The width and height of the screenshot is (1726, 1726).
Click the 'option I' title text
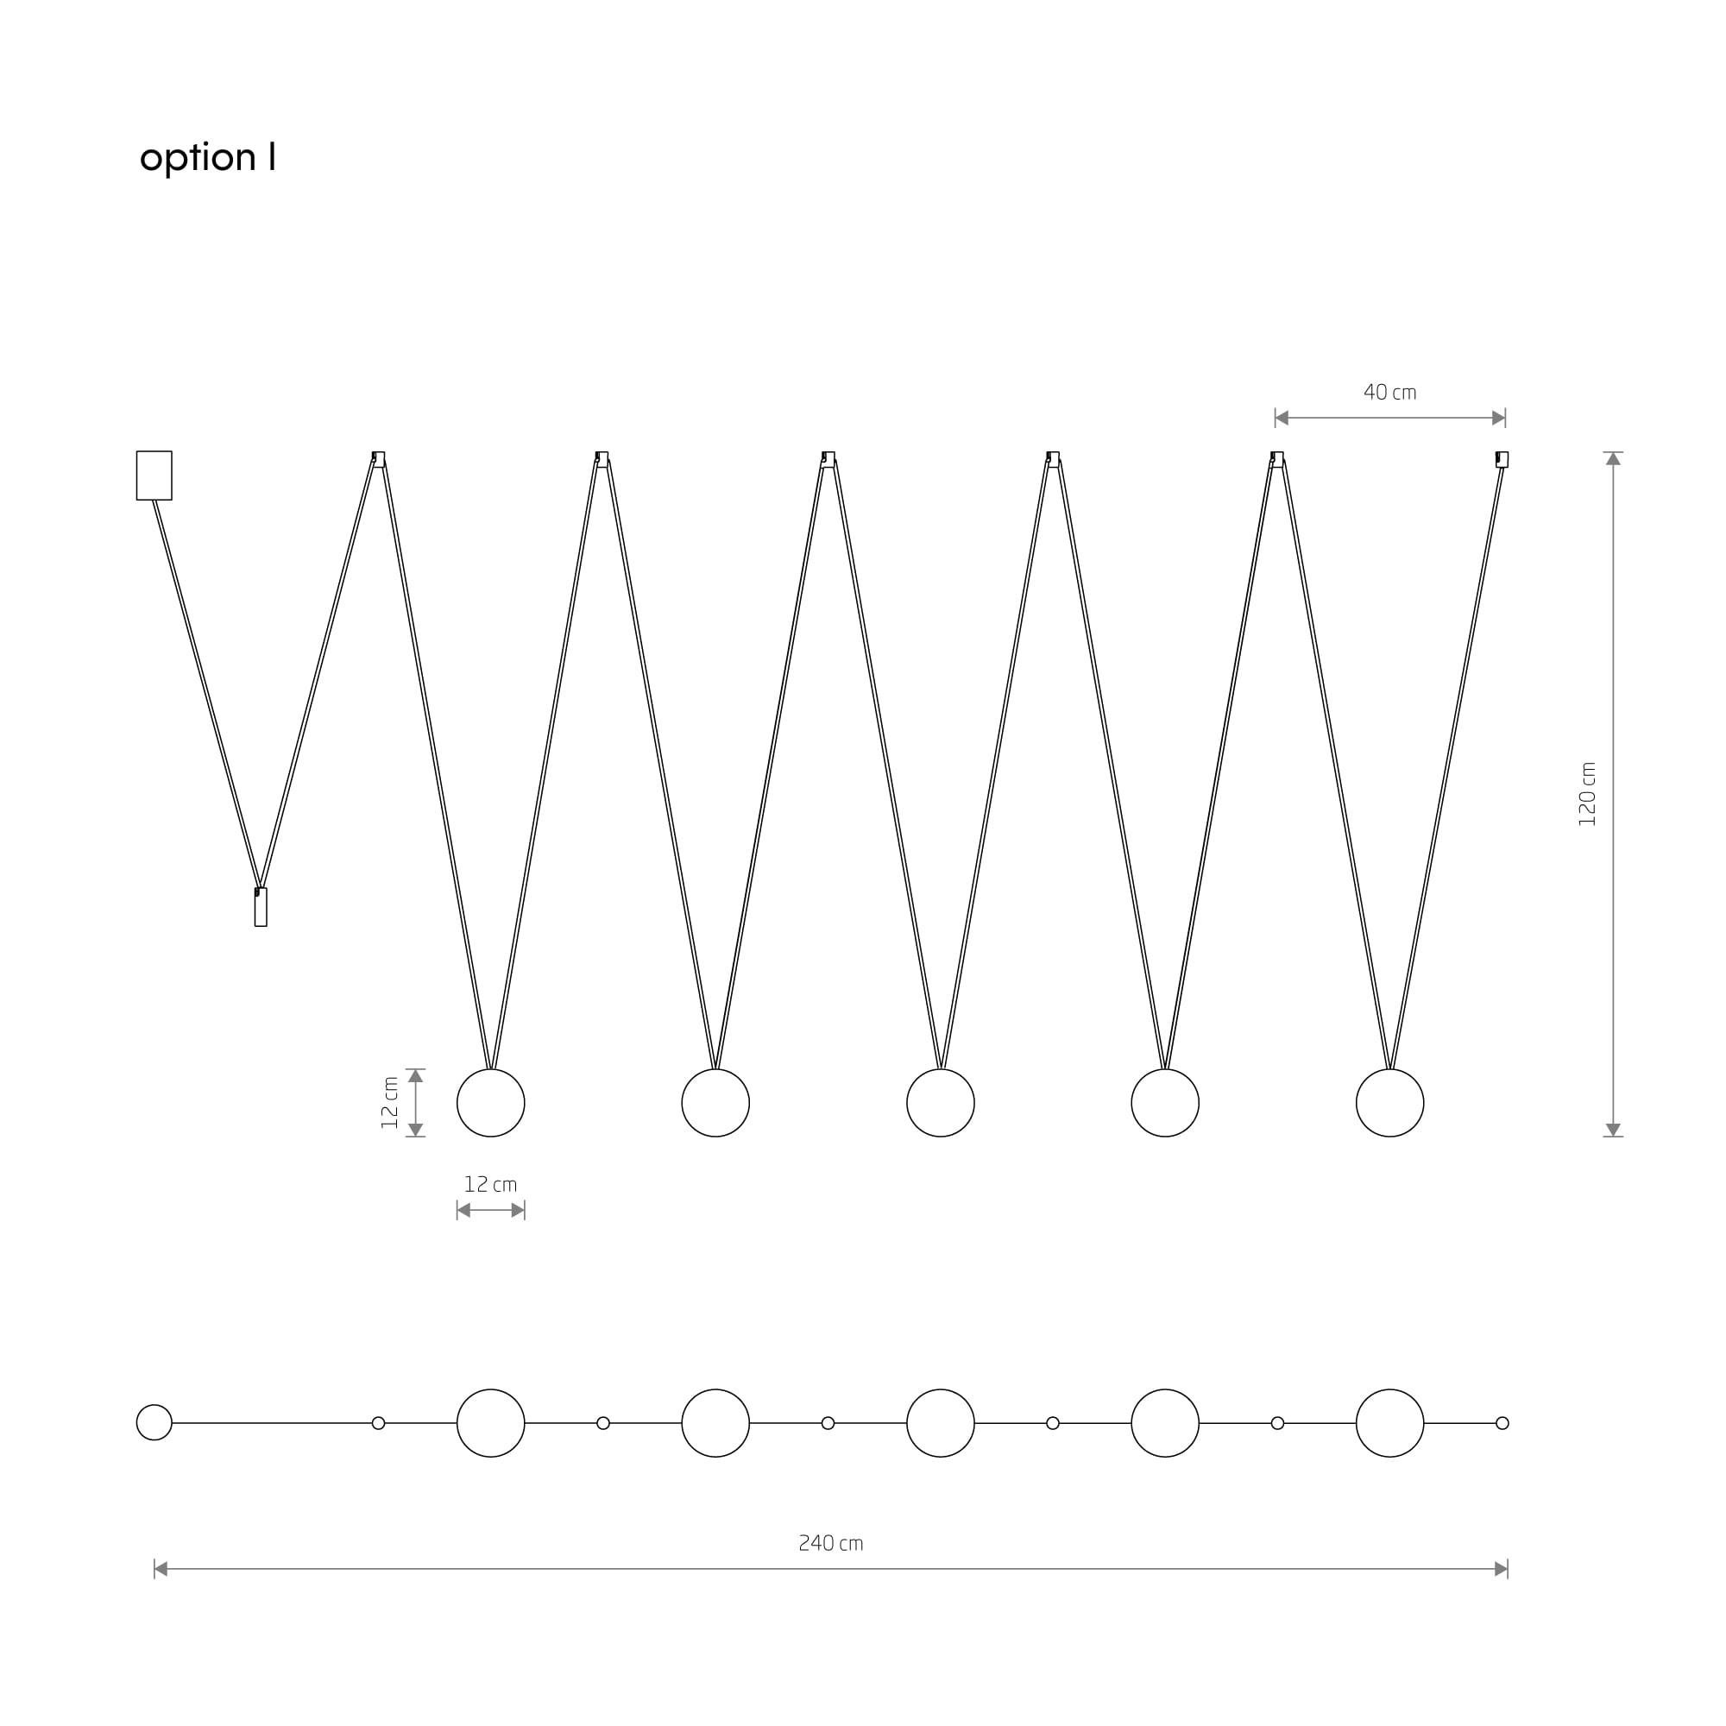pyautogui.click(x=207, y=157)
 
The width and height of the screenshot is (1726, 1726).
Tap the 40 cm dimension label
pyautogui.click(x=1390, y=392)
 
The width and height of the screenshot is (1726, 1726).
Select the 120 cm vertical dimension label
pyautogui.click(x=1587, y=794)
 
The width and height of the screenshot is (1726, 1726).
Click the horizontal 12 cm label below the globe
pyautogui.click(x=490, y=1185)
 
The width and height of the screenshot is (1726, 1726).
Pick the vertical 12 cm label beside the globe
pyautogui.click(x=390, y=1102)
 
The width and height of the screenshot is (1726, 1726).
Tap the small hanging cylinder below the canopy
pyautogui.click(x=261, y=907)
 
